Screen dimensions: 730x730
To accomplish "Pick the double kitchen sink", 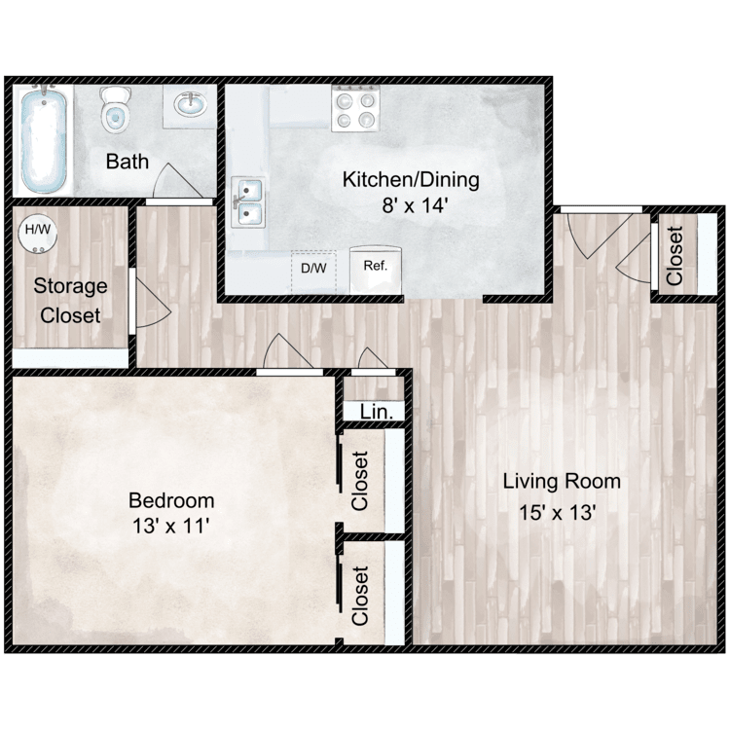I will pos(249,202).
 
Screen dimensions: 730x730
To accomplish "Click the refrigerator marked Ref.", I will pos(373,266).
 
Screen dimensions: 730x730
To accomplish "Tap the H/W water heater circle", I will pos(38,232).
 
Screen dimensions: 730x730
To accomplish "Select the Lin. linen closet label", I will pos(376,412).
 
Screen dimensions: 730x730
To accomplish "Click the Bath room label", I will pos(128,161).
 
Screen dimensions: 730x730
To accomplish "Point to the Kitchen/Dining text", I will pos(410,180).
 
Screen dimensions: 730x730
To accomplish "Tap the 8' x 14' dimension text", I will pos(410,205).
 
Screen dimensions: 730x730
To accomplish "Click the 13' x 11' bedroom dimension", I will pos(171,527).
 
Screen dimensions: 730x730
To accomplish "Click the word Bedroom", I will pos(171,500).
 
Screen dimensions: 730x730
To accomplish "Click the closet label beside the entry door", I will pos(674,255).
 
